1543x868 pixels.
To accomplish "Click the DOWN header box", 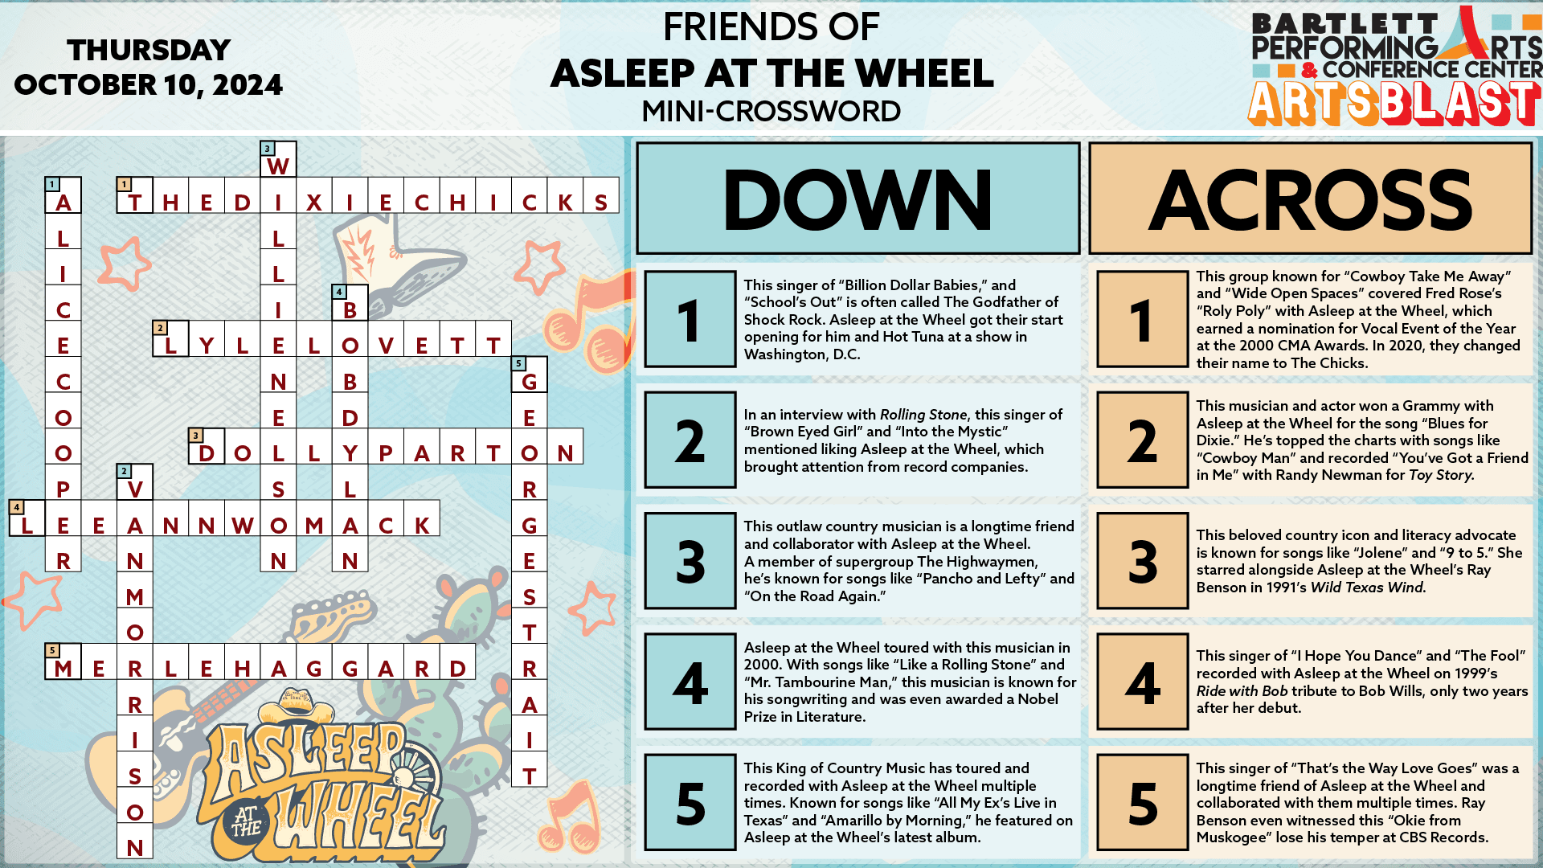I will point(857,199).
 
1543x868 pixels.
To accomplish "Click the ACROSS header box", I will point(1310,199).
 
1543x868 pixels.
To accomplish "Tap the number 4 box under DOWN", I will point(690,682).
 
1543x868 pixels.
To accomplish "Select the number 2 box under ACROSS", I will point(1142,440).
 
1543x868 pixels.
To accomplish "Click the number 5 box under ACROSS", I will point(1142,802).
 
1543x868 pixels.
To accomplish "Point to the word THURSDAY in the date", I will point(149,51).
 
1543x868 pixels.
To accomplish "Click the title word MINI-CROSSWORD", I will point(771,111).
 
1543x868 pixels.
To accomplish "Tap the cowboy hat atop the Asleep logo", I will point(297,707).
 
